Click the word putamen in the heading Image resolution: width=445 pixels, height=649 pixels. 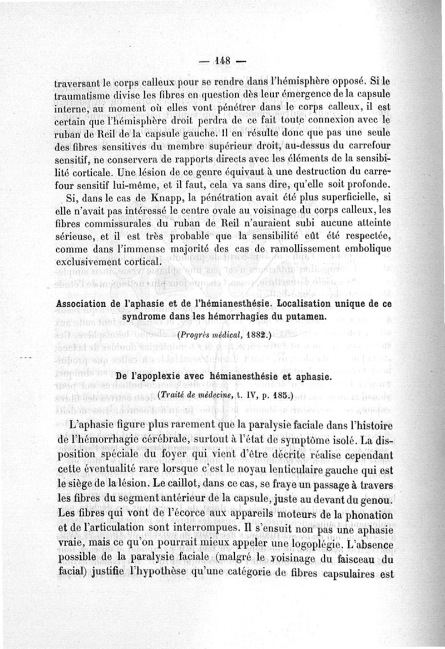click(x=304, y=317)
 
